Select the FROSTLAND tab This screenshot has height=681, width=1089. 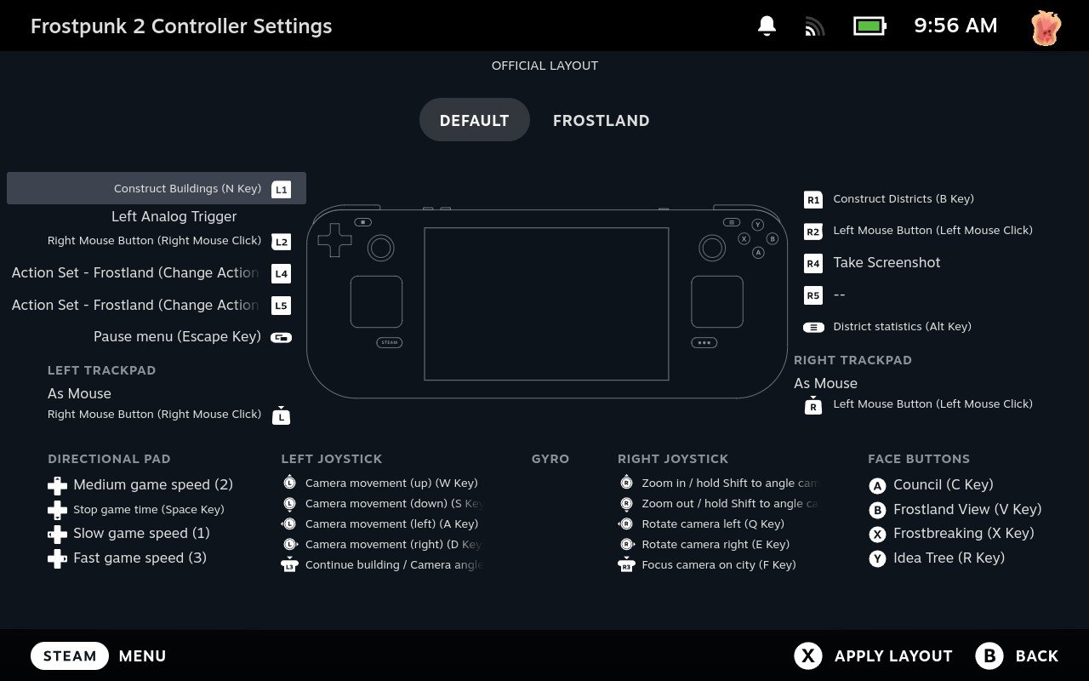601,120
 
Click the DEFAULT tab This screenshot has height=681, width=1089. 474,120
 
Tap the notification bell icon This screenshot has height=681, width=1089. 767,26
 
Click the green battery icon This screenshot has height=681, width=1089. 869,26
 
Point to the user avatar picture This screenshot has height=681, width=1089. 1046,27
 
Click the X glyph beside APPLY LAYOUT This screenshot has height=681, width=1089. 808,655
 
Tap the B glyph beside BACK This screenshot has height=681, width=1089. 989,655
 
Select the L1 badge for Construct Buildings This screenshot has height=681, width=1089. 281,189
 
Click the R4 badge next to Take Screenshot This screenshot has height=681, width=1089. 812,263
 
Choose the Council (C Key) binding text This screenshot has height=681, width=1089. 944,484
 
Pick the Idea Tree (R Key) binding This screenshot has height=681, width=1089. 949,558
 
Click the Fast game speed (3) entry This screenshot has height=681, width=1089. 140,558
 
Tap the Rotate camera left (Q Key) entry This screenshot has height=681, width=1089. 713,524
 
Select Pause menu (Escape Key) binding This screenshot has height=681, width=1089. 178,336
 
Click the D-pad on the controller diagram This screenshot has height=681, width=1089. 334,240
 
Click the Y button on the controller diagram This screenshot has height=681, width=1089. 757,225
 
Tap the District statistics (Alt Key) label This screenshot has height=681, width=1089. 903,326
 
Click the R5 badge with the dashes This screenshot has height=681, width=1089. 812,295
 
